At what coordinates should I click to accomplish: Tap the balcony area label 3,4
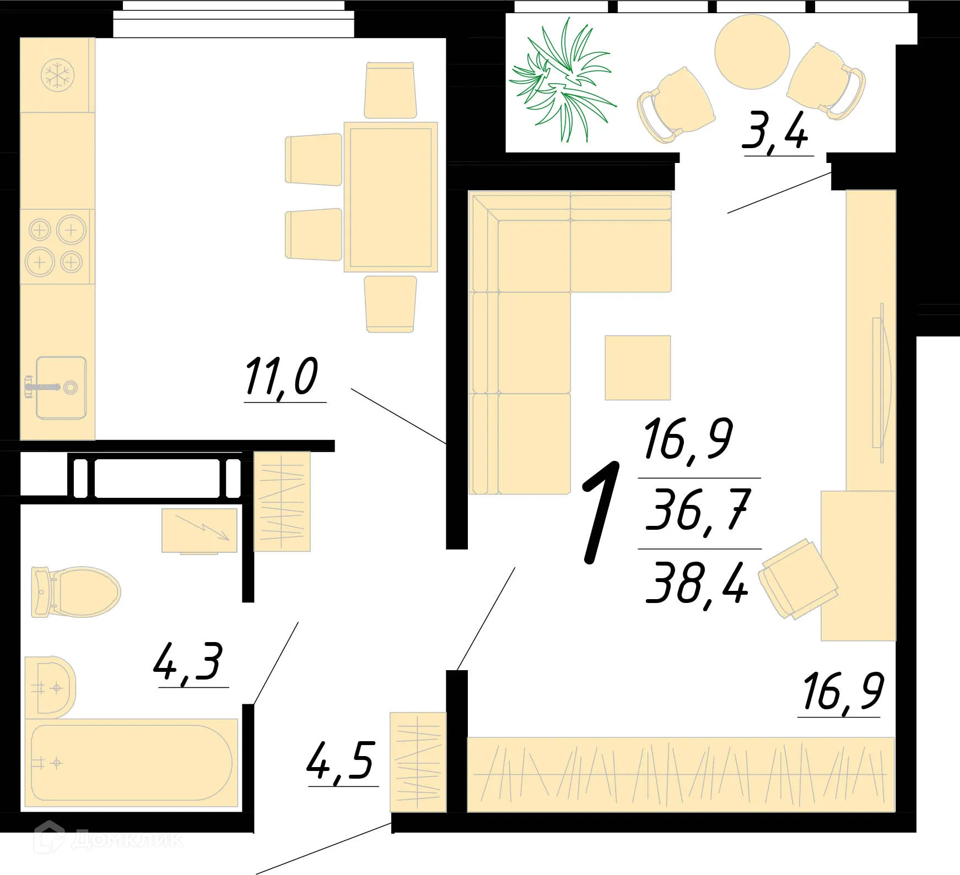775,131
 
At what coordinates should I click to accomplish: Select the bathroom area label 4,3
188,662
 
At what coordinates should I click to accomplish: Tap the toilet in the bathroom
75,592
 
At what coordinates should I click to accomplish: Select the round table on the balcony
752,52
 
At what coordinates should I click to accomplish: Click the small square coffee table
638,368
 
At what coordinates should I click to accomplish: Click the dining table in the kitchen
390,197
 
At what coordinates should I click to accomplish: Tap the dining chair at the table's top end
390,90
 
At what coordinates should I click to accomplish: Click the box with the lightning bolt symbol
199,530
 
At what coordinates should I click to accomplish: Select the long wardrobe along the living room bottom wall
681,774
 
